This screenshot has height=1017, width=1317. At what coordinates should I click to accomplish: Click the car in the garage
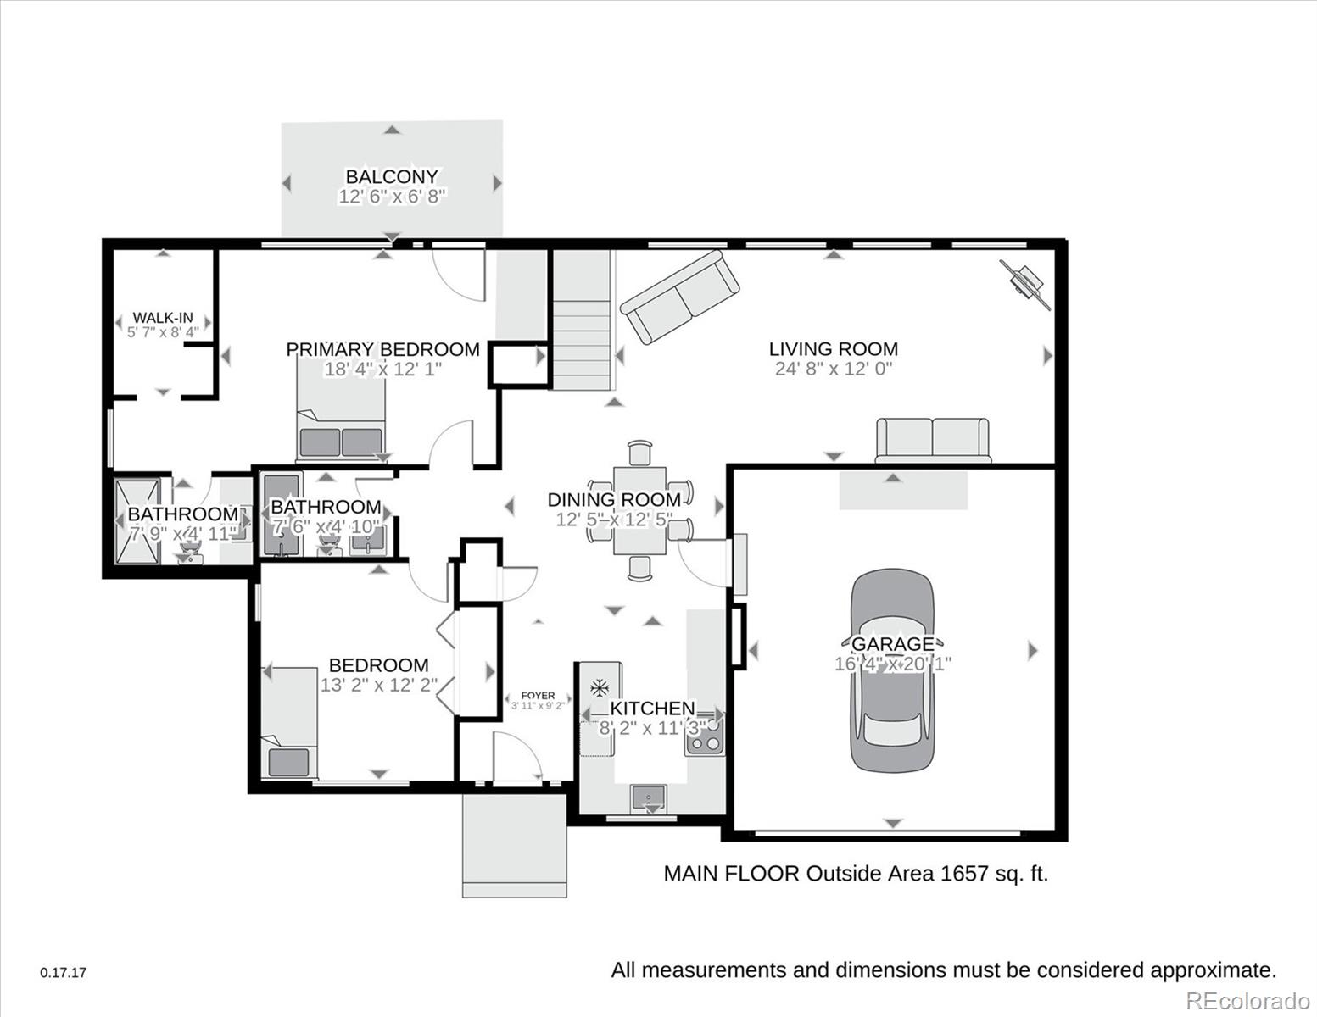coord(891,670)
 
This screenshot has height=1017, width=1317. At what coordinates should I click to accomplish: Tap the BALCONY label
coord(392,176)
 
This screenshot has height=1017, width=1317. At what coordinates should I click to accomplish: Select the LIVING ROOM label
coord(834,349)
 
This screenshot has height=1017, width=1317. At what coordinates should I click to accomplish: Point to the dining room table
coord(639,511)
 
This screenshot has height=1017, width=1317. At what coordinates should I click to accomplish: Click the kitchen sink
coord(649,799)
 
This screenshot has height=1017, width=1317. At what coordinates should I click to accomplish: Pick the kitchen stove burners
coord(704,735)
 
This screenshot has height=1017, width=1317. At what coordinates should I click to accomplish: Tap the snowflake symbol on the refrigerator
coord(600,688)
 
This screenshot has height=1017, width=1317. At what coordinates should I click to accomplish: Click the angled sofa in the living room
coord(679,297)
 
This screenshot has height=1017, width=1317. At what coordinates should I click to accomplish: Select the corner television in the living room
coord(1025,285)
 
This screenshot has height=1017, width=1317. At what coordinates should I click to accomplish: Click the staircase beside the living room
coord(581,320)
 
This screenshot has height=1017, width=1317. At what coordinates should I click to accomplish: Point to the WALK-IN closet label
coord(163,318)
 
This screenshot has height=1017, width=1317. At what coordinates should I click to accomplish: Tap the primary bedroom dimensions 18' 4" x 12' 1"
coord(382,369)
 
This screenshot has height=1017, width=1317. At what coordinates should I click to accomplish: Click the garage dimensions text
coord(892,664)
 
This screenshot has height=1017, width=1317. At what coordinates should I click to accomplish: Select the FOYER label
coord(538,695)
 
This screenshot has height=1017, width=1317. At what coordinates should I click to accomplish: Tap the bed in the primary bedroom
coord(341,410)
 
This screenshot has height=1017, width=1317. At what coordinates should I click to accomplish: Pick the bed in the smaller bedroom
coord(289,723)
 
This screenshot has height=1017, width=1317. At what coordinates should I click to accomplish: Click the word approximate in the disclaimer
coord(1213,970)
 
